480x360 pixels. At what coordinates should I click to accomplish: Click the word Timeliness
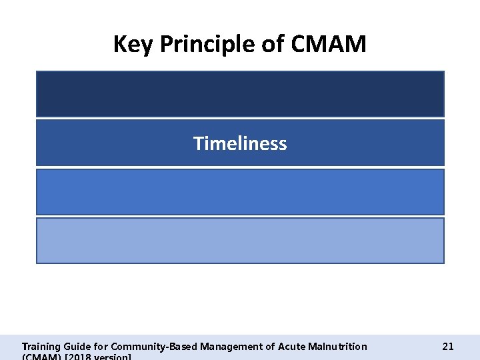click(240, 143)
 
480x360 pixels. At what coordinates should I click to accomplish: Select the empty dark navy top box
click(240, 94)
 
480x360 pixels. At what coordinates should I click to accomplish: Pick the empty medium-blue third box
click(240, 192)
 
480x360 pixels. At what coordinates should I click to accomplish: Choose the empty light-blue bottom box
click(240, 241)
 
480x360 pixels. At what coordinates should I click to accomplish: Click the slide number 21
click(448, 346)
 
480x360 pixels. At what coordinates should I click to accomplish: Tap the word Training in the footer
click(41, 346)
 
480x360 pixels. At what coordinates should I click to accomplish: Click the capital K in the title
click(119, 45)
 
